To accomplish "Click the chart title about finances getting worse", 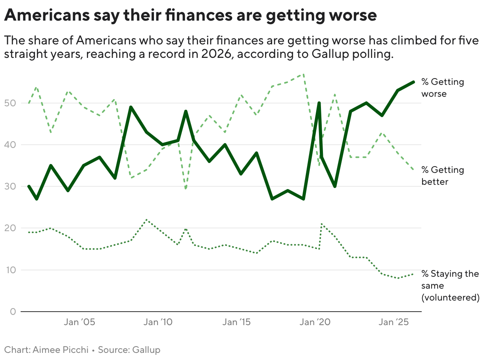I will [190, 16].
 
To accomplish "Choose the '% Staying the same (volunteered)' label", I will [450, 285].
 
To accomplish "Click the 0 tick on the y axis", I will [13, 312].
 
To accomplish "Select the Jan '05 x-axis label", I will [80, 322].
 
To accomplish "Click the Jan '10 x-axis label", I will [158, 322].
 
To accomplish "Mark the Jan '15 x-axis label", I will [236, 322].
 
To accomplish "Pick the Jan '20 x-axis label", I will [314, 322].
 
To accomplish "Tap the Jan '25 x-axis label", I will [392, 322].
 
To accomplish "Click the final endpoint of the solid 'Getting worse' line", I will [413, 82].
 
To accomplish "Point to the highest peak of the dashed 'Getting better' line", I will [303, 74].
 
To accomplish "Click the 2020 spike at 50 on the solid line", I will [319, 103].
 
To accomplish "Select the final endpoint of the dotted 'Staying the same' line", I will [413, 274].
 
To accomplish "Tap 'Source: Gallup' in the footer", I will [129, 350].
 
